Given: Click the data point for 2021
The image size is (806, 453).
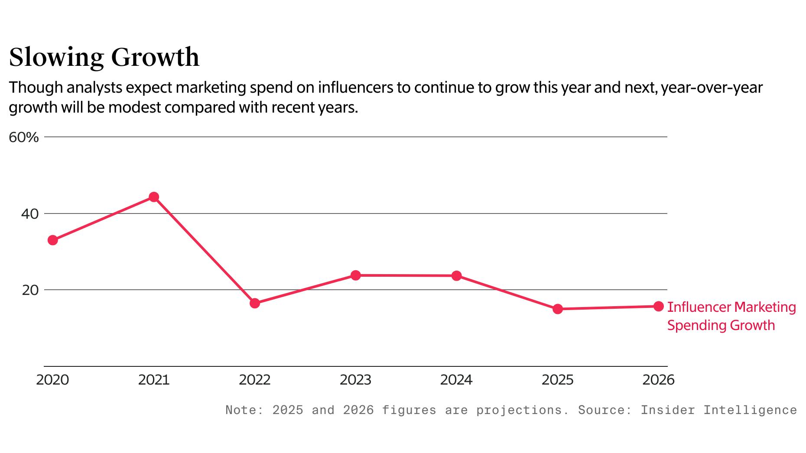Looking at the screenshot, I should [x=154, y=197].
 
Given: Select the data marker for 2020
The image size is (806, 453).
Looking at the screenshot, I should [x=53, y=240].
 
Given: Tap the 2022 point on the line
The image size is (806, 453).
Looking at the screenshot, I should [x=255, y=303].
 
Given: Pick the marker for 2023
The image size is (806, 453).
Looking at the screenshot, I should [x=356, y=275].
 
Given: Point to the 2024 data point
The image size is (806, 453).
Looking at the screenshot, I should [x=456, y=276].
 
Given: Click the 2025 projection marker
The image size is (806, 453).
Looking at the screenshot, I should [x=558, y=309].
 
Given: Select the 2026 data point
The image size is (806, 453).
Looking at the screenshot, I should [x=658, y=306].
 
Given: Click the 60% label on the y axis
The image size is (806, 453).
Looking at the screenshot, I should [x=24, y=138].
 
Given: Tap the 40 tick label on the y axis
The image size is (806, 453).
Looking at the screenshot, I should [x=30, y=214].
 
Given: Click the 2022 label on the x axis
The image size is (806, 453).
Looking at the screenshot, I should [x=255, y=380].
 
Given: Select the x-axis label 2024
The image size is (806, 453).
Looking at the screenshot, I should [x=456, y=380].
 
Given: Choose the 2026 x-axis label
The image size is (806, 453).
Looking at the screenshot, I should [x=658, y=380].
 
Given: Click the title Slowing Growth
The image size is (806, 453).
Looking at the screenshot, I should [x=104, y=57].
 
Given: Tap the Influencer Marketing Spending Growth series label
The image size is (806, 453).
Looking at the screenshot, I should [x=731, y=316].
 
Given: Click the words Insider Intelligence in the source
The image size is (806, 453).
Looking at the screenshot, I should [x=718, y=410].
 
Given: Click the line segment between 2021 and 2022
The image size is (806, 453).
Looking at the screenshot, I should [x=204, y=250].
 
